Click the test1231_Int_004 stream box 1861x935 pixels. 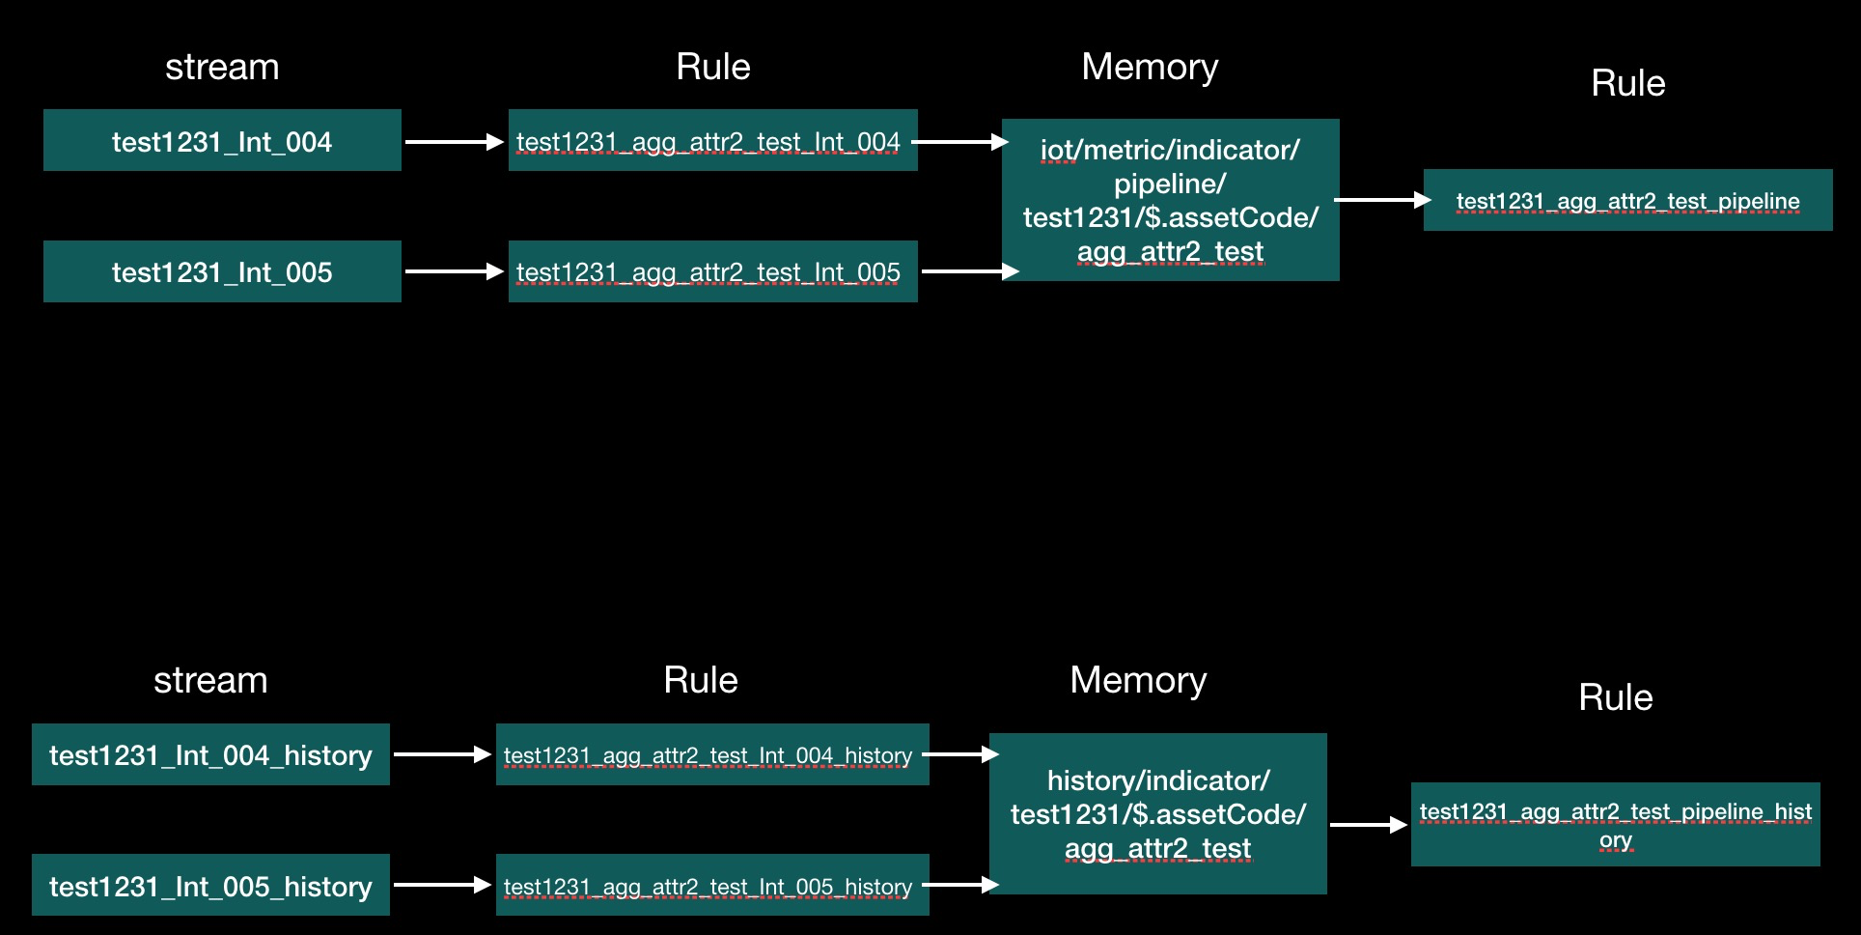222,141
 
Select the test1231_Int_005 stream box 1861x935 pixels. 222,271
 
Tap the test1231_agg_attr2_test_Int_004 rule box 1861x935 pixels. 712,141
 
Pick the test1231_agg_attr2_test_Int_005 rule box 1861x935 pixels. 712,271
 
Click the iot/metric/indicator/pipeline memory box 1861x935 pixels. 1170,200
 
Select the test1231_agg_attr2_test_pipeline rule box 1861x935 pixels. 1627,200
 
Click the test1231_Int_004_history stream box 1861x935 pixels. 210,754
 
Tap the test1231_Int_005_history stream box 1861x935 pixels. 210,885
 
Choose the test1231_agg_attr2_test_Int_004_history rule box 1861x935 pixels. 712,754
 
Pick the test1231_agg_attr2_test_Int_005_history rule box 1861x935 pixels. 712,885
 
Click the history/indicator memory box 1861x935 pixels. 1157,813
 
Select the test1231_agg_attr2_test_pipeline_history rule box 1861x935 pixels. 1615,824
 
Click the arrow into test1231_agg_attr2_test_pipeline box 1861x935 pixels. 1381,200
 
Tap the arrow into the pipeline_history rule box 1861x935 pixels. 1368,825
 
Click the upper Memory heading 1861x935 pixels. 1150,67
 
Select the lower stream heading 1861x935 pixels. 210,680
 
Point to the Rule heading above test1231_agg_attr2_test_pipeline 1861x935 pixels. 1627,83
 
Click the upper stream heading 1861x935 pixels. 222,67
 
